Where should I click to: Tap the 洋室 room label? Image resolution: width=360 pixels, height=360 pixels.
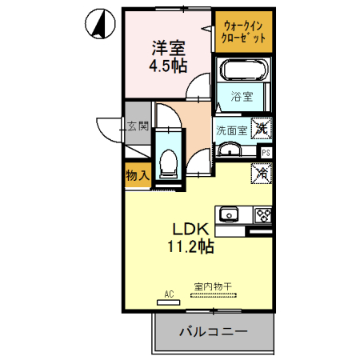click(x=166, y=47)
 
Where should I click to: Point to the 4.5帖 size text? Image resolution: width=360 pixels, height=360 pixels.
click(x=166, y=65)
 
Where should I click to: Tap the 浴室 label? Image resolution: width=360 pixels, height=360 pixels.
click(x=242, y=98)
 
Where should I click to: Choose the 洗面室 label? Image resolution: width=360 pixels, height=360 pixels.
click(x=230, y=128)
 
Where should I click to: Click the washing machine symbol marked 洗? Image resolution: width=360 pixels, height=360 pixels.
click(x=262, y=126)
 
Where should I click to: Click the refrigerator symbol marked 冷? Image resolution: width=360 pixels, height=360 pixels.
click(x=262, y=172)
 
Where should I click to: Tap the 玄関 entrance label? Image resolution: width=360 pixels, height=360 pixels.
click(x=137, y=126)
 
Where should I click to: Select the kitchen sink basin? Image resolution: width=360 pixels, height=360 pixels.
click(x=230, y=214)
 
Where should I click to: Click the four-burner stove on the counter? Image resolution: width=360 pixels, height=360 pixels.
click(x=263, y=214)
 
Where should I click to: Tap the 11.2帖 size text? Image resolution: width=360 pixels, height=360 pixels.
click(x=190, y=247)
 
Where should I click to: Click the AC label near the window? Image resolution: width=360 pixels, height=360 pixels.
click(x=169, y=294)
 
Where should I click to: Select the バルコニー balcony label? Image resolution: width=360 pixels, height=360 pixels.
click(x=212, y=330)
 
